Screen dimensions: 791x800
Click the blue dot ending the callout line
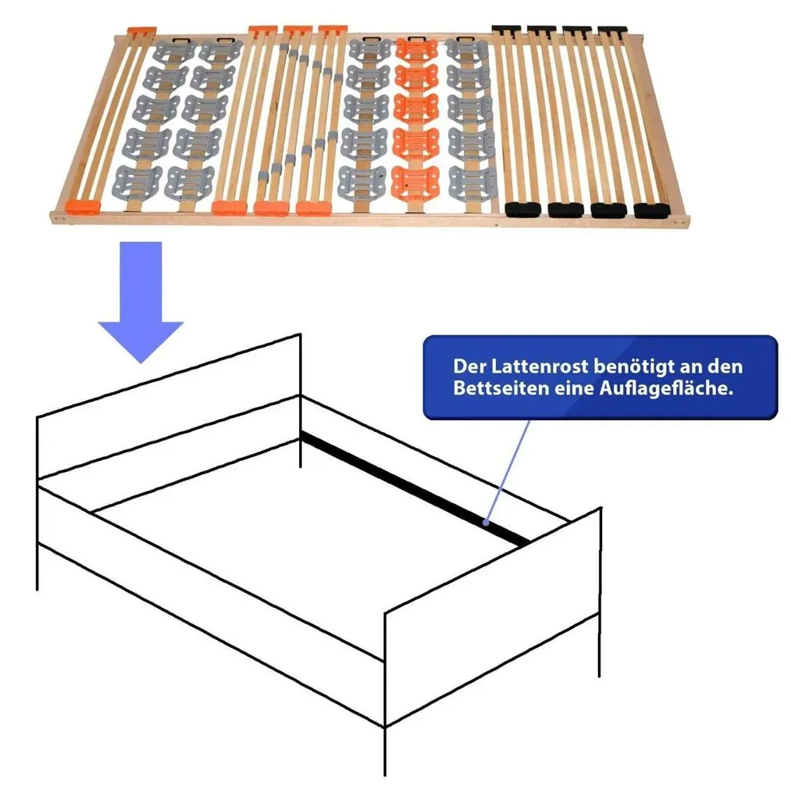pyautogui.click(x=486, y=523)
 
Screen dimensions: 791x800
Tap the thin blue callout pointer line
pyautogui.click(x=508, y=470)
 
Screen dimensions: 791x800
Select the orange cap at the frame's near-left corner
pyautogui.click(x=83, y=206)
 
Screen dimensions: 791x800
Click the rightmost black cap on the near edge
pyautogui.click(x=651, y=210)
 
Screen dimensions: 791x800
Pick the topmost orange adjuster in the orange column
pyautogui.click(x=417, y=50)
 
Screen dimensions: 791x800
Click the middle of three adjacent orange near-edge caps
pyautogui.click(x=271, y=208)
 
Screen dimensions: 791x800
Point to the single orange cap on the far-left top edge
pyautogui.click(x=141, y=30)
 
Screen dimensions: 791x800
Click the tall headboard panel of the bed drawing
pyautogui.click(x=169, y=405)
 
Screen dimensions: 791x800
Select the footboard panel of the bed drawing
pyautogui.click(x=492, y=617)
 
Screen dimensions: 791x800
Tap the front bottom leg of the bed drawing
pyautogui.click(x=384, y=751)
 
